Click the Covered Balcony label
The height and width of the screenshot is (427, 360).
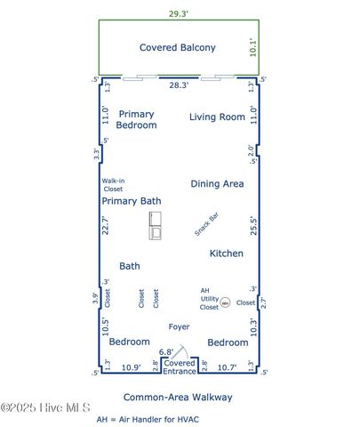click(177, 47)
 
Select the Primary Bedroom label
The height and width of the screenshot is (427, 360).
click(137, 119)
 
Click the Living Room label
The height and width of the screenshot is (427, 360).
click(217, 117)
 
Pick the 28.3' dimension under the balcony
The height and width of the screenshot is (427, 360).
click(179, 85)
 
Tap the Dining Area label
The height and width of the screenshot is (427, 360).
click(217, 183)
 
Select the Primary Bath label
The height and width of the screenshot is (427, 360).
click(130, 201)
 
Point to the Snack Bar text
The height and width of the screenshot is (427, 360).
click(207, 224)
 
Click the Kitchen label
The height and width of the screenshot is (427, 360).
click(226, 254)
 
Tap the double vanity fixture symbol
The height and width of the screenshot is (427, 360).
click(156, 226)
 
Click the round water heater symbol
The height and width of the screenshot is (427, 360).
click(225, 302)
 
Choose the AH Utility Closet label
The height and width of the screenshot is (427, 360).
click(209, 298)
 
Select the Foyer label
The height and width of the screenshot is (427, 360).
click(178, 326)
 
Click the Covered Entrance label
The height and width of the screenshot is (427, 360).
click(180, 367)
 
